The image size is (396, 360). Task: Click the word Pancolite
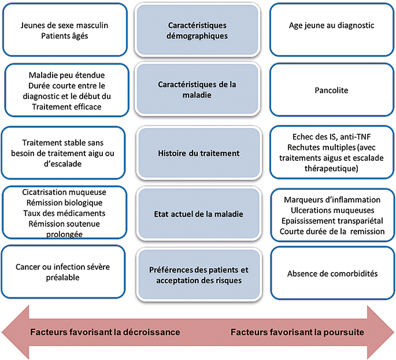(x=331, y=90)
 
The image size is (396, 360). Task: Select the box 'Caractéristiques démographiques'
(x=197, y=30)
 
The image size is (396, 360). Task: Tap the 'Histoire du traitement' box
(x=199, y=153)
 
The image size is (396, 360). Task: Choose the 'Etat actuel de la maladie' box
(x=199, y=214)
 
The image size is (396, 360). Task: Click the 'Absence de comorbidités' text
(x=332, y=274)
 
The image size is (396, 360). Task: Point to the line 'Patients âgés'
(x=65, y=36)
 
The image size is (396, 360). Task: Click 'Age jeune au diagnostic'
(x=332, y=25)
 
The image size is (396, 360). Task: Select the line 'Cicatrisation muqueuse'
(x=64, y=192)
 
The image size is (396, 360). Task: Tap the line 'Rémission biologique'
(x=64, y=203)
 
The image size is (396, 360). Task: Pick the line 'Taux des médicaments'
(x=64, y=214)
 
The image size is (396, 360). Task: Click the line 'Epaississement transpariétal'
(x=332, y=221)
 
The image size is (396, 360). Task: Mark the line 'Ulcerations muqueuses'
(x=332, y=210)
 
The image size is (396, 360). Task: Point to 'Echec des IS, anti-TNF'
(x=332, y=137)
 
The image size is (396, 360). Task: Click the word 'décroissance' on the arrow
(x=151, y=332)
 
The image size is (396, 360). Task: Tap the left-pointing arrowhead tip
(x=2, y=332)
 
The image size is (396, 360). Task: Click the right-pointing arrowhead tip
(x=394, y=332)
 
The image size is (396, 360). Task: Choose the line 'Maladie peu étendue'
(x=66, y=75)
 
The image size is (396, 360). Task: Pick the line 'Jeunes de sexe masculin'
(x=64, y=25)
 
